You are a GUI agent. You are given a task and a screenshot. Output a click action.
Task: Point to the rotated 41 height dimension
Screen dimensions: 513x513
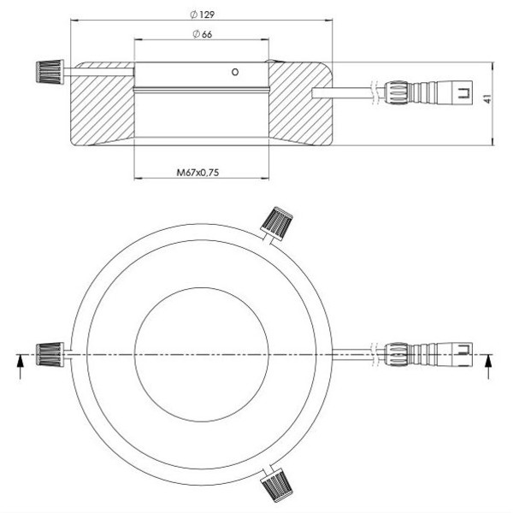click(x=486, y=100)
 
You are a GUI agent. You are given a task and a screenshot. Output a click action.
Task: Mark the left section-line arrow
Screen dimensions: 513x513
click(x=19, y=363)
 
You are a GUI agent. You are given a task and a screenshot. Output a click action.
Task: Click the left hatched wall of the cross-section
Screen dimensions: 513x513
click(x=101, y=107)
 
